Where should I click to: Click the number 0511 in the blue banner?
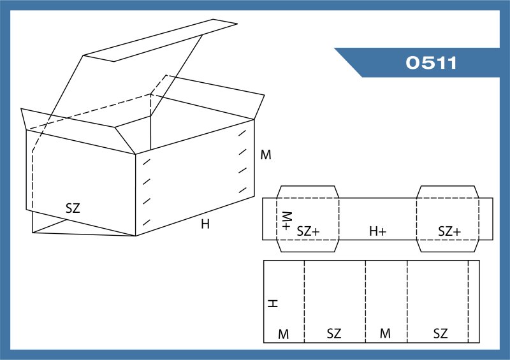coord(431,62)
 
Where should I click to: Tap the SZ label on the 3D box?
coord(73,208)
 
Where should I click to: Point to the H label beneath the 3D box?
coord(205,224)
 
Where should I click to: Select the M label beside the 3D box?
coord(266,155)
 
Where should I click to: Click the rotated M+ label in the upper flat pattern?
coord(286,221)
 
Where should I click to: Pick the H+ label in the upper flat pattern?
coord(377,231)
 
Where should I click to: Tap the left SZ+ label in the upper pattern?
coord(308,231)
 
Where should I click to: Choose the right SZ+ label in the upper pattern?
coord(449,231)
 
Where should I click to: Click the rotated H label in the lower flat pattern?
coord(273,304)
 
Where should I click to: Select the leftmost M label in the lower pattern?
coord(283,335)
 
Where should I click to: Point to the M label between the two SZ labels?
coord(385,333)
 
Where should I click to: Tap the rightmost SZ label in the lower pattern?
coord(441,334)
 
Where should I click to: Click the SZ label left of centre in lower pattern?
coord(334,334)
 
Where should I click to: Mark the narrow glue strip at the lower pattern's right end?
coord(474,301)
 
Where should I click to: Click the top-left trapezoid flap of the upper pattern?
coord(308,192)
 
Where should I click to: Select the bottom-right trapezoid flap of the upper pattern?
coord(448,246)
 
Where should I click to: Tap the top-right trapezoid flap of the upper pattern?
coord(448,192)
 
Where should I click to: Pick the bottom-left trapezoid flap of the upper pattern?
coord(308,246)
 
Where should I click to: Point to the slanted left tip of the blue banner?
coord(335,48)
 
